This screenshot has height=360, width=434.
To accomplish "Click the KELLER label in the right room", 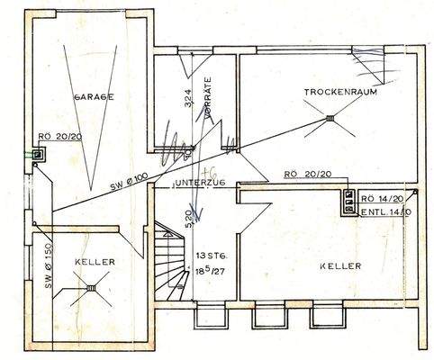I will pos(339,266).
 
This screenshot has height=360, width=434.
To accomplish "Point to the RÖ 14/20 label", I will pos(384,199).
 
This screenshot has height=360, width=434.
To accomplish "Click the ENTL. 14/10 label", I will pos(385,211).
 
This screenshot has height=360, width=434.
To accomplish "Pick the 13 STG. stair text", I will pos(208,256).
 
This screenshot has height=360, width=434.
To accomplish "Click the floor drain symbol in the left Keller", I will pos(90,289).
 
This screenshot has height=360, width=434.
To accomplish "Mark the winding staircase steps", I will pos(167,261).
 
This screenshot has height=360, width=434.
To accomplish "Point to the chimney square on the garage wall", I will pos(37,155).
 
